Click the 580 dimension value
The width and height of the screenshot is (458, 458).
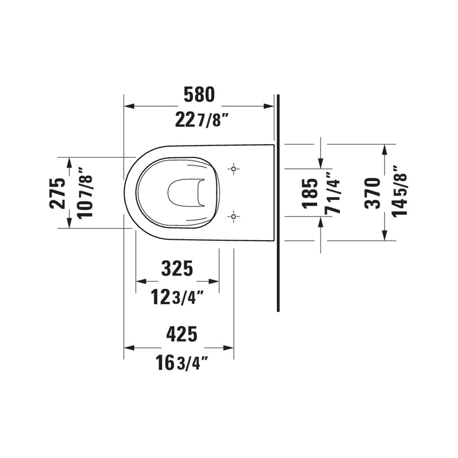coord(199,94)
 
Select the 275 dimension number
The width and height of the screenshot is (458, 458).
coord(57,193)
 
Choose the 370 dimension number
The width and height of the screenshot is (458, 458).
coord(373,193)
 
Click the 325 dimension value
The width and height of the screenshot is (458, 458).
coord(177,268)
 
